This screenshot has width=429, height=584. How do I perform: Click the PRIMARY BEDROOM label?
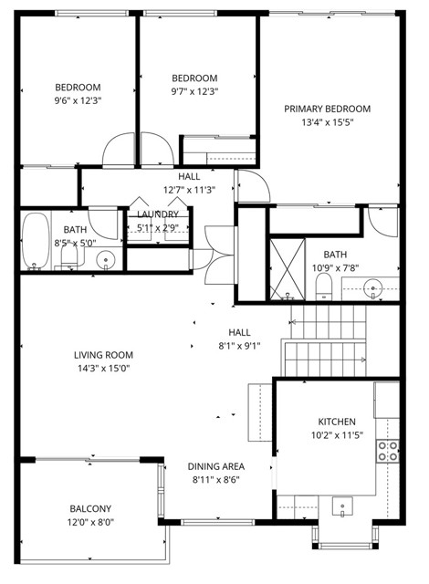click(326, 109)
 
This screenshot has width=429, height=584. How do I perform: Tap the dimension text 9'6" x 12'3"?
click(78, 100)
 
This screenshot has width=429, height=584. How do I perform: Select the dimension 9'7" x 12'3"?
click(194, 91)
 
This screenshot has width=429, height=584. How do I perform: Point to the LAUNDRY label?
click(158, 214)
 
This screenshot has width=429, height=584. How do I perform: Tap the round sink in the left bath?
click(108, 260)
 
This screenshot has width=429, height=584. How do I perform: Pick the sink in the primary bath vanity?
click(371, 290)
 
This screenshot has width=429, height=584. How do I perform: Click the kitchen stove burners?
click(388, 450)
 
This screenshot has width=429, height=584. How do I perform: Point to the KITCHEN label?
click(336, 422)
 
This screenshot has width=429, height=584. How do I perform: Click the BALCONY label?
click(90, 509)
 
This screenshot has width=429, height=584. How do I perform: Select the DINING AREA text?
click(215, 465)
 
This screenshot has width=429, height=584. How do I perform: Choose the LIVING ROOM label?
click(104, 355)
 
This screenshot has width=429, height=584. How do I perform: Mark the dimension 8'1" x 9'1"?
click(239, 346)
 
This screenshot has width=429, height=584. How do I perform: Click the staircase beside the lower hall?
click(327, 341)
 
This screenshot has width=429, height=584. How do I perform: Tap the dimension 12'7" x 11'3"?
click(189, 190)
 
